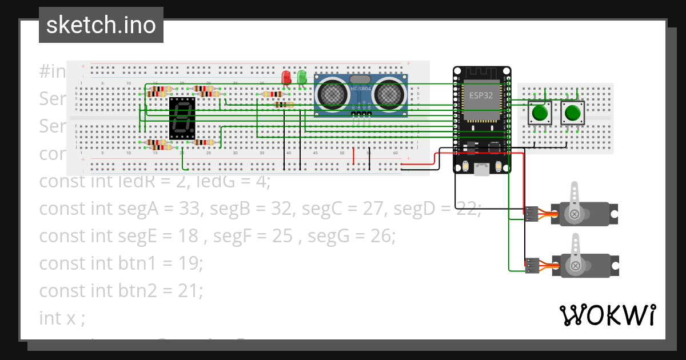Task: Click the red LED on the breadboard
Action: click(x=287, y=77)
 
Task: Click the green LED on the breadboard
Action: click(x=301, y=77)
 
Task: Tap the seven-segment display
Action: click(x=182, y=118)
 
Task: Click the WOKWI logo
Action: click(x=607, y=315)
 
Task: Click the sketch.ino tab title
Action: click(x=101, y=25)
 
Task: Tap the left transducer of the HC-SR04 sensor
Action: click(x=331, y=93)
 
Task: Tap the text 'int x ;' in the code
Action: click(x=62, y=318)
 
